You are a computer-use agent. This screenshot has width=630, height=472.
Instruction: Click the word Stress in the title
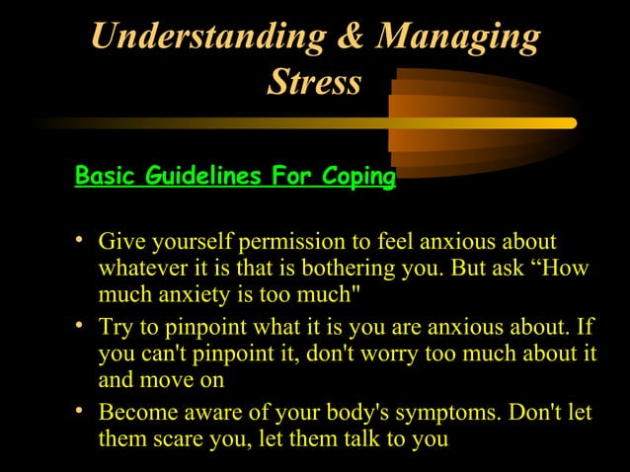[314, 83]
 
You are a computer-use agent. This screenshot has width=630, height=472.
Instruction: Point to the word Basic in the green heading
[106, 178]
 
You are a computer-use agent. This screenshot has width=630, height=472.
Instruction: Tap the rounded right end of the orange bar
[571, 123]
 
